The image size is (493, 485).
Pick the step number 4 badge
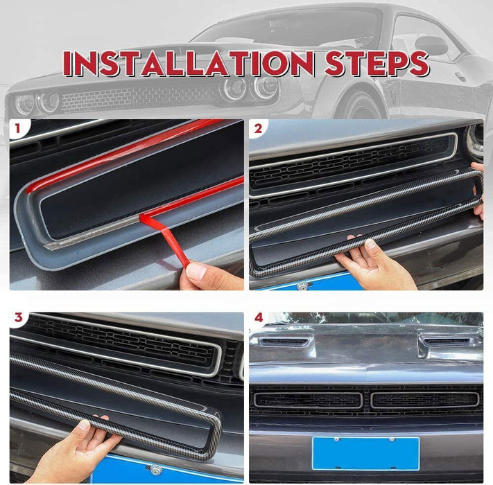click(258, 319)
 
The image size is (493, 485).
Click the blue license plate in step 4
click(365, 452)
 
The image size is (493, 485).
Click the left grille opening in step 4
click(308, 400)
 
